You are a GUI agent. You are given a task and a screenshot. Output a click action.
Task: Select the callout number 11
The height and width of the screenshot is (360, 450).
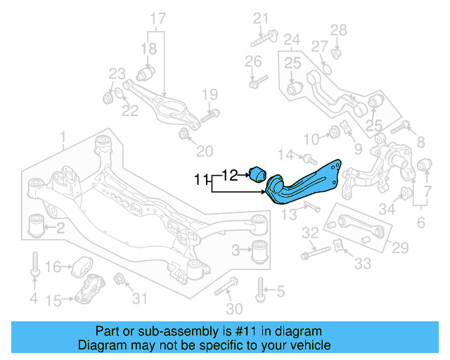pos(202,180)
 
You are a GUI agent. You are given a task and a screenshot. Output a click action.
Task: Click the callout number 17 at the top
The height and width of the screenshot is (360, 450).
pos(157,17)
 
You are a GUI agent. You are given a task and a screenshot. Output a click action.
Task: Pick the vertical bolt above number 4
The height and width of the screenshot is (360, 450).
pos(34,265)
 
